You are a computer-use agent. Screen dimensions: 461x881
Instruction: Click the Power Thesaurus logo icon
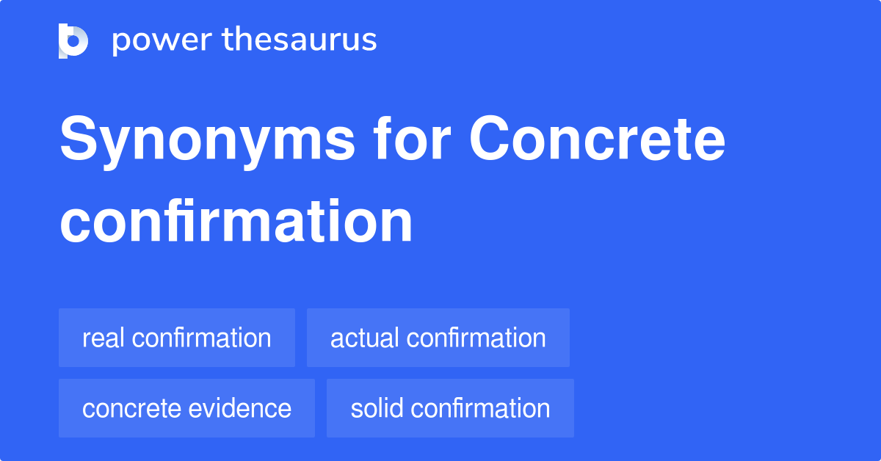[73, 40]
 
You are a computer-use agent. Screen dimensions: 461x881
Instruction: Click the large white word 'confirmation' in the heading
[236, 221]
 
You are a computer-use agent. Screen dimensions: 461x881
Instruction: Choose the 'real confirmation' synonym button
[176, 338]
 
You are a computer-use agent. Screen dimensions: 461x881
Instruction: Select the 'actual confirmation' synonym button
[438, 338]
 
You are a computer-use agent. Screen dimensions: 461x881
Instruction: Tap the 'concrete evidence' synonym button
[186, 408]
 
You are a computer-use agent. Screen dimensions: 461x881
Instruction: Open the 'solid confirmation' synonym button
[450, 408]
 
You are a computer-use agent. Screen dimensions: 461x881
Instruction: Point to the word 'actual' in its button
[365, 338]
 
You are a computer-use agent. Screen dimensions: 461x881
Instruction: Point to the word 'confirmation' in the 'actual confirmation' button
[476, 338]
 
